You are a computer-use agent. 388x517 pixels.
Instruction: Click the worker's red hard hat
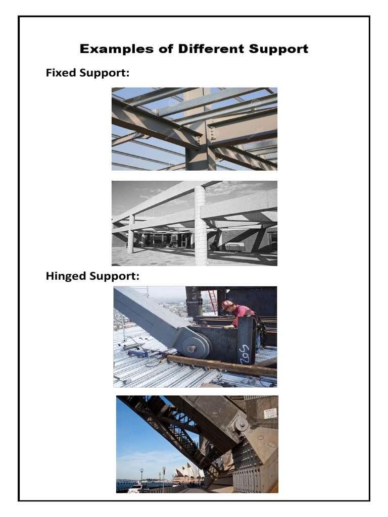[x=227, y=305]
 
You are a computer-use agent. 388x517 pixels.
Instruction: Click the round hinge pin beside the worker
[x=191, y=348]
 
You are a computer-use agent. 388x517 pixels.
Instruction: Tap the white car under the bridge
[x=138, y=488]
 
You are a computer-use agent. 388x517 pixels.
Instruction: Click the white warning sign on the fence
[x=270, y=413]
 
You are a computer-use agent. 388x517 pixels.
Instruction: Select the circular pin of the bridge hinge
[x=241, y=425]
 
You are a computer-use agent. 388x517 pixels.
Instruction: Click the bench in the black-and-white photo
[x=235, y=247]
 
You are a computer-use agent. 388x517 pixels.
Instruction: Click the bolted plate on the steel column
[x=212, y=132]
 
